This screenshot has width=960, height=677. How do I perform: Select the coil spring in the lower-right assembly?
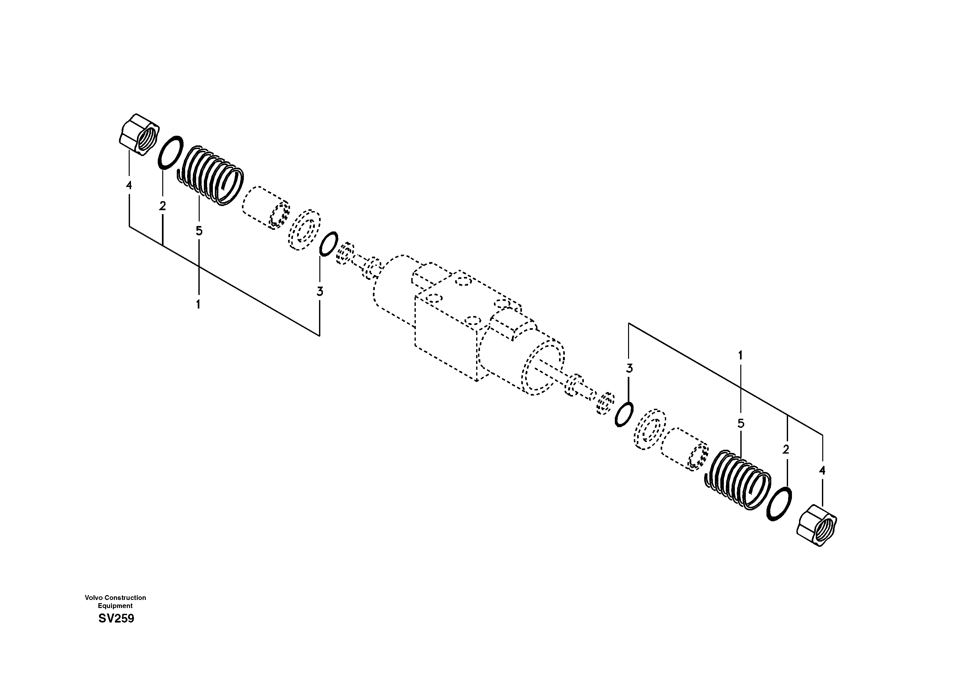click(x=738, y=480)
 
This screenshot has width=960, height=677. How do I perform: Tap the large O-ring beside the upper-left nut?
click(x=171, y=152)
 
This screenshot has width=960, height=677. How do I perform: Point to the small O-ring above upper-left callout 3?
click(x=328, y=243)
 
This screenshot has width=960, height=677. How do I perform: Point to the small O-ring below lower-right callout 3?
click(x=624, y=415)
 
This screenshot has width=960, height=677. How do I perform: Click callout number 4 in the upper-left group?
click(x=129, y=185)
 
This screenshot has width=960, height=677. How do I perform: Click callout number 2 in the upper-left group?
click(x=162, y=206)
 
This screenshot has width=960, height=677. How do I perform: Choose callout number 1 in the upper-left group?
click(x=198, y=304)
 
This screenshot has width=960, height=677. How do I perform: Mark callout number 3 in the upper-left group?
click(x=320, y=291)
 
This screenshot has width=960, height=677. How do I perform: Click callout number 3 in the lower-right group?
click(x=629, y=368)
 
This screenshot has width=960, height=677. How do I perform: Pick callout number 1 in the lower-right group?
click(x=741, y=356)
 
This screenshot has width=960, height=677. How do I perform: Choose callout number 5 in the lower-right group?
click(x=741, y=424)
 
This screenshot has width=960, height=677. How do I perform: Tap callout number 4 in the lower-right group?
click(x=822, y=471)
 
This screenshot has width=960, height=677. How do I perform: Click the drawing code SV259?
click(x=116, y=619)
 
